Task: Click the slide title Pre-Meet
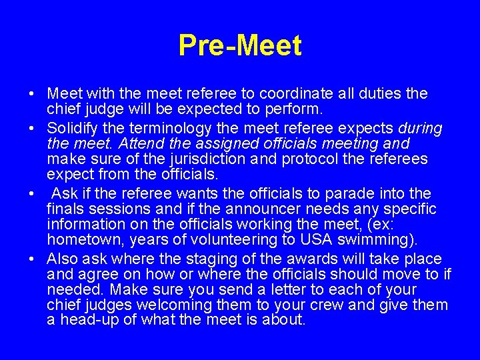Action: pyautogui.click(x=240, y=46)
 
